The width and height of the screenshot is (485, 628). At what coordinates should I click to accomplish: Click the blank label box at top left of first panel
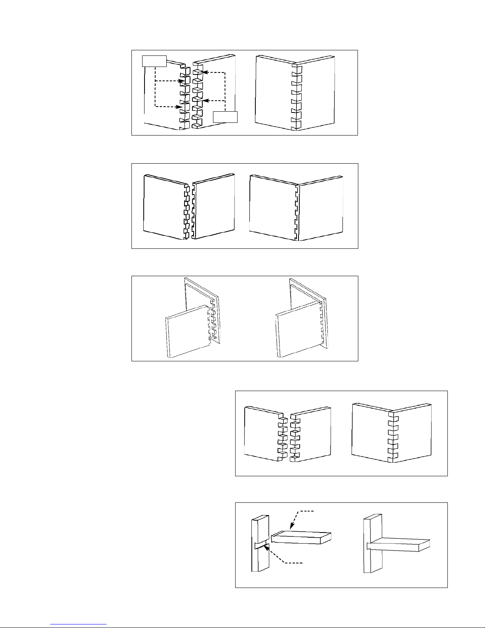(154, 61)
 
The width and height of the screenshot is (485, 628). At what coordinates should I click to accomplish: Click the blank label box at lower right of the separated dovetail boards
(225, 117)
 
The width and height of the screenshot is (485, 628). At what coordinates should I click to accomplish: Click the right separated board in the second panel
(214, 208)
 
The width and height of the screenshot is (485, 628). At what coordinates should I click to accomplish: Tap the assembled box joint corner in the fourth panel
(392, 436)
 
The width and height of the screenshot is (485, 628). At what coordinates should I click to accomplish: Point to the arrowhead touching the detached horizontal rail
(291, 528)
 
